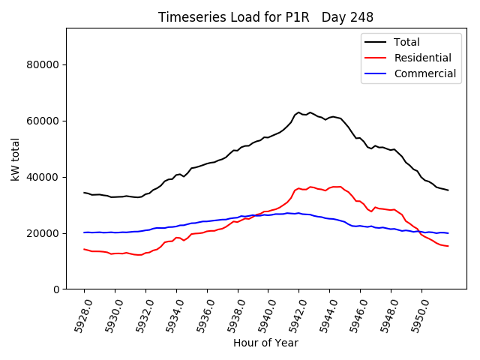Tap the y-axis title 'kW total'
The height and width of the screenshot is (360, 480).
tap(16, 159)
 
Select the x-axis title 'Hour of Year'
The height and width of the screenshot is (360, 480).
tap(265, 343)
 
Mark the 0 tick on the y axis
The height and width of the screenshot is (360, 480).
tap(57, 289)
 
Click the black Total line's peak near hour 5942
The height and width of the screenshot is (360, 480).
tap(298, 112)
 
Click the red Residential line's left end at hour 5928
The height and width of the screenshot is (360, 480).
tap(84, 249)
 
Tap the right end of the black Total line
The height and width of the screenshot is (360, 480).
tap(448, 190)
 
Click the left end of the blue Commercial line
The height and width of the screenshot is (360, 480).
tap(84, 232)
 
